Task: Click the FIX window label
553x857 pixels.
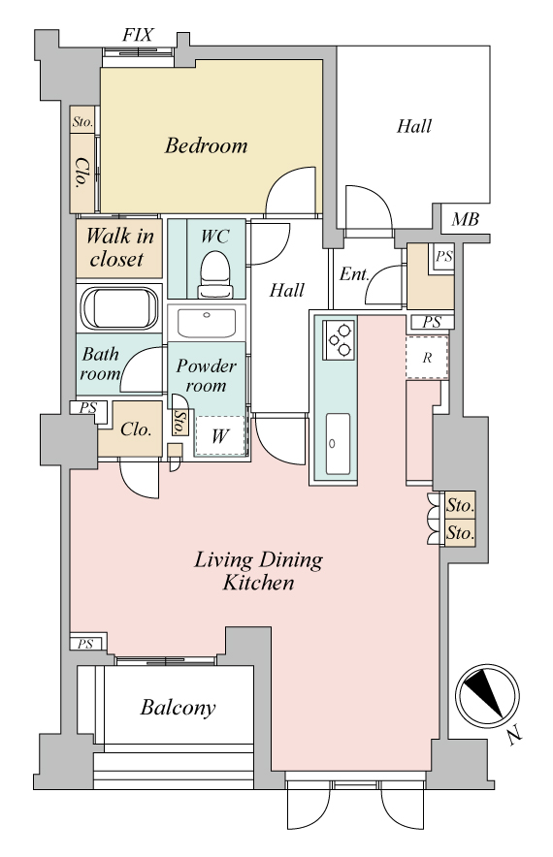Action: tap(138, 36)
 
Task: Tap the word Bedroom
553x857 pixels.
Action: tap(207, 145)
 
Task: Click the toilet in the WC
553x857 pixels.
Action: tap(215, 275)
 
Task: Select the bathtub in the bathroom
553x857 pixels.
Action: tap(119, 308)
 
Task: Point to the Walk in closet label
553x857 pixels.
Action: tap(119, 247)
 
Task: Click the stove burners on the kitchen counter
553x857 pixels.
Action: tap(340, 340)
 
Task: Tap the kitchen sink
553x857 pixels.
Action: tap(338, 443)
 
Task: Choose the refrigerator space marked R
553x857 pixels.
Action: tap(427, 358)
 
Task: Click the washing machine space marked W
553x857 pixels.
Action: tap(220, 435)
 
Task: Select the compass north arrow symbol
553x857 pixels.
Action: tap(487, 695)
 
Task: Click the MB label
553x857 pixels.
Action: tap(465, 220)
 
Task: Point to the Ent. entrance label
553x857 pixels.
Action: tap(354, 273)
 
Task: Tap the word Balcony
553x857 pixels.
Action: tap(178, 708)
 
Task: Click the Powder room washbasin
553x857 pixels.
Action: tap(207, 324)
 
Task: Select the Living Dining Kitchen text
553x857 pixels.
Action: tap(259, 571)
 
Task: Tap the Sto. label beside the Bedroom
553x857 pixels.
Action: tap(82, 122)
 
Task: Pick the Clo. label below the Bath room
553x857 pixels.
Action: tap(136, 429)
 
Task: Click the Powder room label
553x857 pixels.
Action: tap(207, 375)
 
